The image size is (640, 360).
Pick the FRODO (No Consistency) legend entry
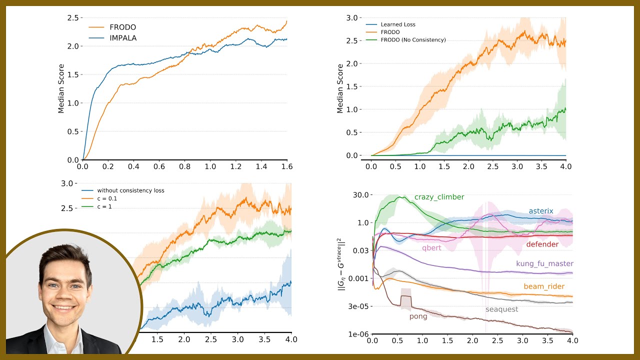point(413,40)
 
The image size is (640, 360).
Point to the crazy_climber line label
point(439,197)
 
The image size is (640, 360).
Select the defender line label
point(542,244)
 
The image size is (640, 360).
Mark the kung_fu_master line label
point(544,264)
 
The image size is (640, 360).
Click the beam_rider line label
point(544,286)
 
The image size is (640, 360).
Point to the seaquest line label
point(501,309)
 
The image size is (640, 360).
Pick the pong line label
point(418,316)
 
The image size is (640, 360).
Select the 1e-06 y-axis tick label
point(358,334)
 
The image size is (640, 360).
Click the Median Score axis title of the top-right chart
point(340,88)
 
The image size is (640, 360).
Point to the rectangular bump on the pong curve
point(405,302)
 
